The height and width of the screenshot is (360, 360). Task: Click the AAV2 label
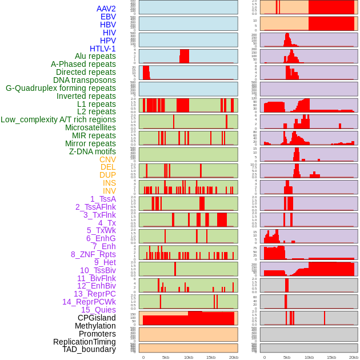pos(106,9)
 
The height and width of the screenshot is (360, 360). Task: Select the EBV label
pos(108,17)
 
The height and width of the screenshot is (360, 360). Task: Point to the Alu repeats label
pos(95,56)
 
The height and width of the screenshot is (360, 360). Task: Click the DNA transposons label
pos(85,80)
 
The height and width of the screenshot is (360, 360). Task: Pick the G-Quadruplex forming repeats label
pos(61,88)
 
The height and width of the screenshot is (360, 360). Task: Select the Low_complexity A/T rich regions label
pos(58,119)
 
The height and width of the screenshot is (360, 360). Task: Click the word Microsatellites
pos(90,127)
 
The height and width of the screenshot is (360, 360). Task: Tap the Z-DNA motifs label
pos(93,151)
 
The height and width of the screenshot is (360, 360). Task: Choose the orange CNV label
pos(107,159)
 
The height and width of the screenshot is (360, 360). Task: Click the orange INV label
pos(109,191)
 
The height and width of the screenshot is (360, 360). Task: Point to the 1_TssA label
pos(103,199)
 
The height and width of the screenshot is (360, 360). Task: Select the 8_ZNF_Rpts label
pos(93,254)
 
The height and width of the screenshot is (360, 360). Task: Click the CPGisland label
pos(97,318)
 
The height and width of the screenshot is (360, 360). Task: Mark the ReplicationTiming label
pos(84,342)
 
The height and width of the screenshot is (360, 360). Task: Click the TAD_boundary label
pos(89,349)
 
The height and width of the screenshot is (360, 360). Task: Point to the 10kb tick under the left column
pos(188,357)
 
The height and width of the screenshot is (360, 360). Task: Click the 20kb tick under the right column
pos(354,357)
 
